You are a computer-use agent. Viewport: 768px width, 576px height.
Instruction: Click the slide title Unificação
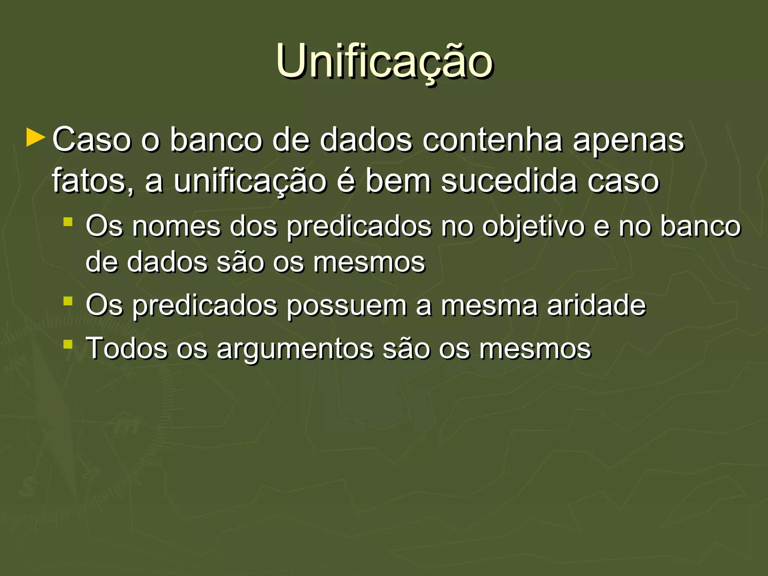tap(384, 62)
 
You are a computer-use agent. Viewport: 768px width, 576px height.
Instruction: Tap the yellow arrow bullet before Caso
tap(36, 138)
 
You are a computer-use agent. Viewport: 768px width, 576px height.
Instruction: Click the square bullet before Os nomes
tap(68, 222)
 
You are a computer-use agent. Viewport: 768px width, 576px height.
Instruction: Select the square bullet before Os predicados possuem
tap(68, 301)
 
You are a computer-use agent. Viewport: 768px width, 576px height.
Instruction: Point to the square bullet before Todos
tap(68, 344)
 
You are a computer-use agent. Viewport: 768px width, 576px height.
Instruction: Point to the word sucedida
tap(508, 181)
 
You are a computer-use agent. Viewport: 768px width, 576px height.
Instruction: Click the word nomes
tap(176, 226)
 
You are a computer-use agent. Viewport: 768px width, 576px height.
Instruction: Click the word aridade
tap(596, 305)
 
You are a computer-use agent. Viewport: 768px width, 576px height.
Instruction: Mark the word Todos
tap(127, 348)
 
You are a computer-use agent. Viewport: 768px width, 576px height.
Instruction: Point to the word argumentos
tap(295, 349)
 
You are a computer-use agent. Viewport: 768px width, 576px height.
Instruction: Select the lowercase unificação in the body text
tap(250, 181)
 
